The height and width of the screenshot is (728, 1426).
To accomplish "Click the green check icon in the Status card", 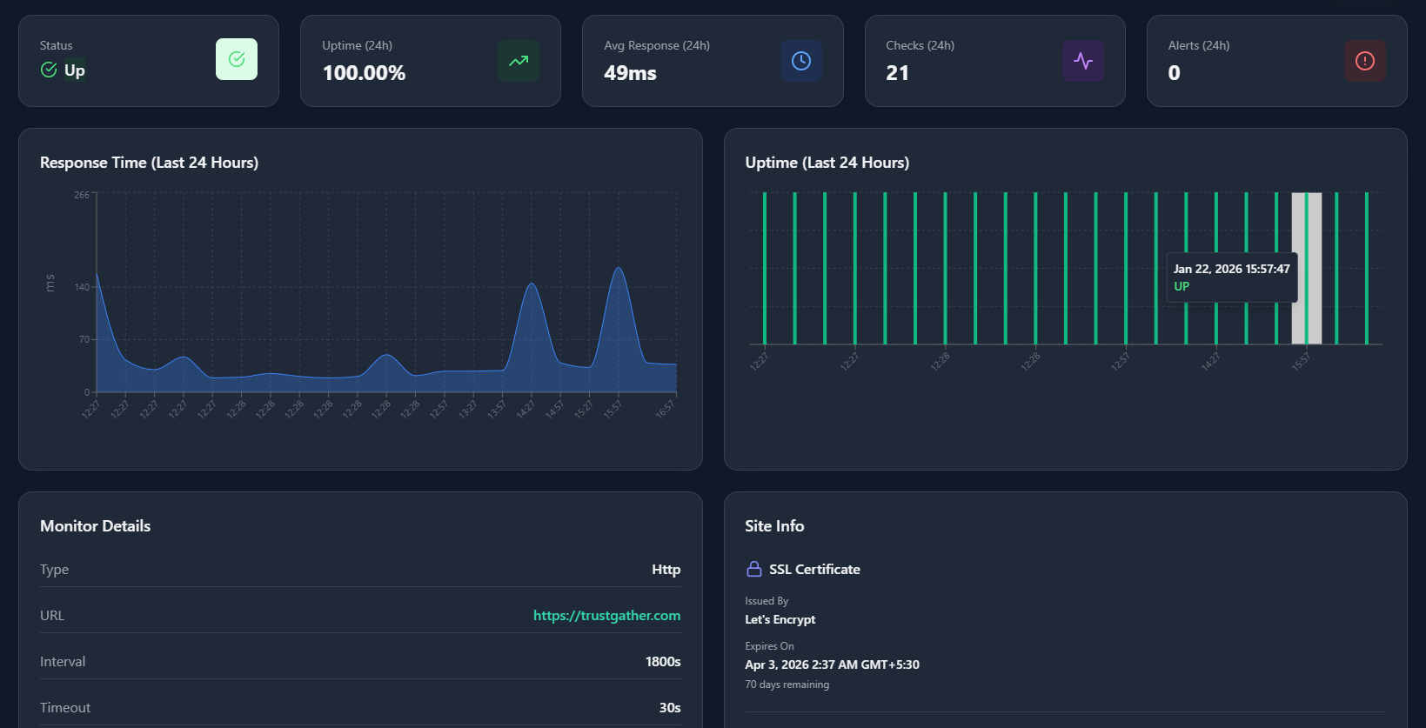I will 237,59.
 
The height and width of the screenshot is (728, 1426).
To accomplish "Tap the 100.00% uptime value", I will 364,73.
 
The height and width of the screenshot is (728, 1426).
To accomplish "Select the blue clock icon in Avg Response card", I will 800,60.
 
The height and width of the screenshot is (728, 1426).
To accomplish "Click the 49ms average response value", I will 630,73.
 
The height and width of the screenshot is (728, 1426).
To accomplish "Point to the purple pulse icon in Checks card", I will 1082,60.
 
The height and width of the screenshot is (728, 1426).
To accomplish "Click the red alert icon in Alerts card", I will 1364,60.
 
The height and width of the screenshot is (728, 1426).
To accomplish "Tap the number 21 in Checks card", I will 897,73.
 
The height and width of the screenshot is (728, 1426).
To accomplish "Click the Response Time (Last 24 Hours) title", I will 149,163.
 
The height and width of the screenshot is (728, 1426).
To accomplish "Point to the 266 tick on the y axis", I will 82,195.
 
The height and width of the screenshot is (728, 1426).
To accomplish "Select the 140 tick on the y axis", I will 82,287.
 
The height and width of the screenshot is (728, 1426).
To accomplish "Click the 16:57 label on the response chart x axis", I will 666,408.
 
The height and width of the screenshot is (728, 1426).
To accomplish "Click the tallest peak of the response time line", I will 619,268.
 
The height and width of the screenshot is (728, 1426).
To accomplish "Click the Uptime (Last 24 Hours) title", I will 827,163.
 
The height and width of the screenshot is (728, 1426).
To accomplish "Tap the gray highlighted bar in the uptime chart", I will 1306,268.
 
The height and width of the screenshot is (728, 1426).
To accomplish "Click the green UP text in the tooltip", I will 1181,286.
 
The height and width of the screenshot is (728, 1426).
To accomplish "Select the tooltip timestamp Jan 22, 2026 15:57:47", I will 1231,269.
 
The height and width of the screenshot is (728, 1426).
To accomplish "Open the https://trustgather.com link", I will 606,615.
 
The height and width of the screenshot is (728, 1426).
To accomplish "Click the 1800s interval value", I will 662,662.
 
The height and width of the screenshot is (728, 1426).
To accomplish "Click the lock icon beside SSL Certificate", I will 754,569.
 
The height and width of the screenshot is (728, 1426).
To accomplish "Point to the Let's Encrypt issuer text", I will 780,619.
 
